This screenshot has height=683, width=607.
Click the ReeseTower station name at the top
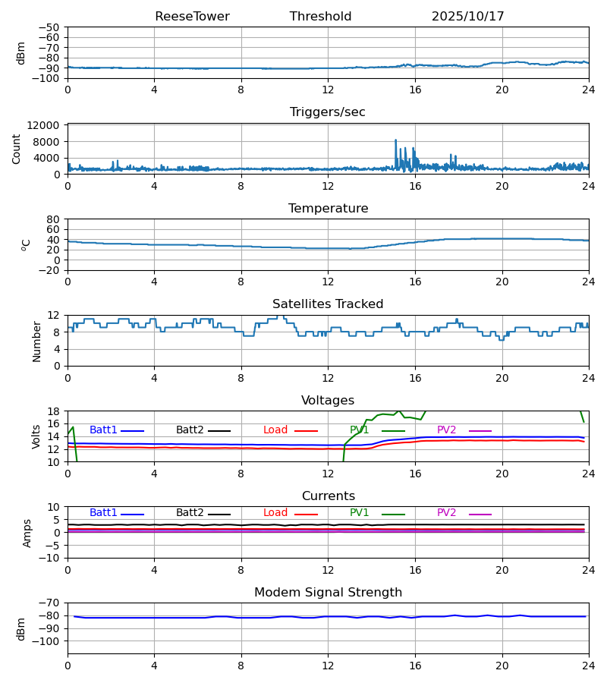coord(192,17)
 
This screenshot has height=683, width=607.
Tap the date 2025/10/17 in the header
coord(467,17)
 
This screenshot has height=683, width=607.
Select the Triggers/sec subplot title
coord(328,112)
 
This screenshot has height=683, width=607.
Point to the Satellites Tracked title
coord(328,304)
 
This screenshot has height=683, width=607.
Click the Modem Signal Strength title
coord(328,593)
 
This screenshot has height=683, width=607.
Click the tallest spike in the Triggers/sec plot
coord(395,140)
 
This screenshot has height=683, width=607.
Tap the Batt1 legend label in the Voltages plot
coord(103,430)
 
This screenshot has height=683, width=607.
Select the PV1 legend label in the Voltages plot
coord(360,430)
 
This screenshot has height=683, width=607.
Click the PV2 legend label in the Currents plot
coord(447,513)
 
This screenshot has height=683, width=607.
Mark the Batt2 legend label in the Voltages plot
coord(190,430)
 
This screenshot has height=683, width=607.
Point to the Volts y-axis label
coord(36,436)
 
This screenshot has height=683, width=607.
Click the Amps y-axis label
coord(27,533)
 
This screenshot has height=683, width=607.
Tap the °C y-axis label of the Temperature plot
coord(26,244)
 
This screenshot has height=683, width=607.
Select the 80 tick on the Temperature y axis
coord(53,219)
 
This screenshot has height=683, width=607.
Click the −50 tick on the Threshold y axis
coord(50,27)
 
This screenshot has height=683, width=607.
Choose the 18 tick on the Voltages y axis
coord(53,411)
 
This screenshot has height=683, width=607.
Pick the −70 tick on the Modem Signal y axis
coord(50,603)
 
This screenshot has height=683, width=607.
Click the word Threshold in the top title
coord(320,17)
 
